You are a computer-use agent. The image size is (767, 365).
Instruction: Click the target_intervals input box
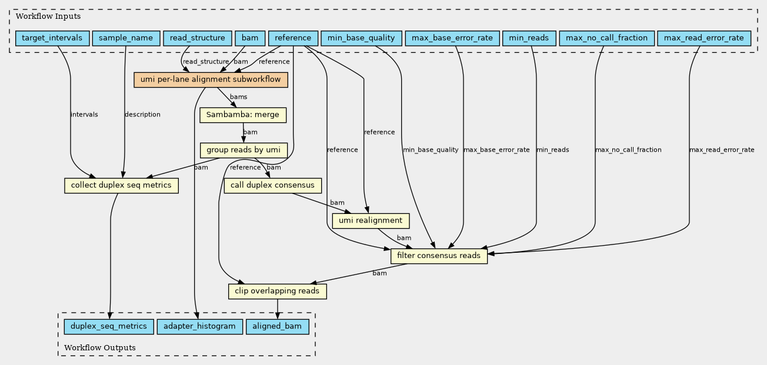52,38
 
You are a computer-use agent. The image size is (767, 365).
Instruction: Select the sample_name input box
126,38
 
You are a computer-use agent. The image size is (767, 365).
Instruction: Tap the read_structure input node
198,38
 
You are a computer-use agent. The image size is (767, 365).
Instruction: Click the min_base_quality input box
361,38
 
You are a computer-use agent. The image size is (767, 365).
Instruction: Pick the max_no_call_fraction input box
607,38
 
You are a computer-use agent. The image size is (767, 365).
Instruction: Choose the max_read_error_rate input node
704,38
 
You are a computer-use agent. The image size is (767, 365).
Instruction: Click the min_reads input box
529,38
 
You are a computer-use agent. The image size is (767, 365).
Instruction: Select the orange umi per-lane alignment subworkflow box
211,80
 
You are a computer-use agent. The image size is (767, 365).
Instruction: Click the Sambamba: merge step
243,115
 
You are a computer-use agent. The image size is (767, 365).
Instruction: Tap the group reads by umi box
244,150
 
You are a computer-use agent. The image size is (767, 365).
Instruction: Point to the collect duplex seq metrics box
121,185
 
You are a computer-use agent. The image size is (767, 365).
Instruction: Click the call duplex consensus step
272,185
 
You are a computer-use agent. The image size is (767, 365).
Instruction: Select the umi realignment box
371,220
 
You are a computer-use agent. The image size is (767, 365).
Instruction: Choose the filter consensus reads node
439,256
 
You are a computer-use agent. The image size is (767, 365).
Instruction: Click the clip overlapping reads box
278,291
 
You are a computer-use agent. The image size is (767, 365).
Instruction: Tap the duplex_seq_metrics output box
109,327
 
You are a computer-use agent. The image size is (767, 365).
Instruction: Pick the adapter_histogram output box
199,327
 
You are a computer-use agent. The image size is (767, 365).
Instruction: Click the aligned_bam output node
278,327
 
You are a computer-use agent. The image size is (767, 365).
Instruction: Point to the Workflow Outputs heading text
100,348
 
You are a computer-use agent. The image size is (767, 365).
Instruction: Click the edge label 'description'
142,115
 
